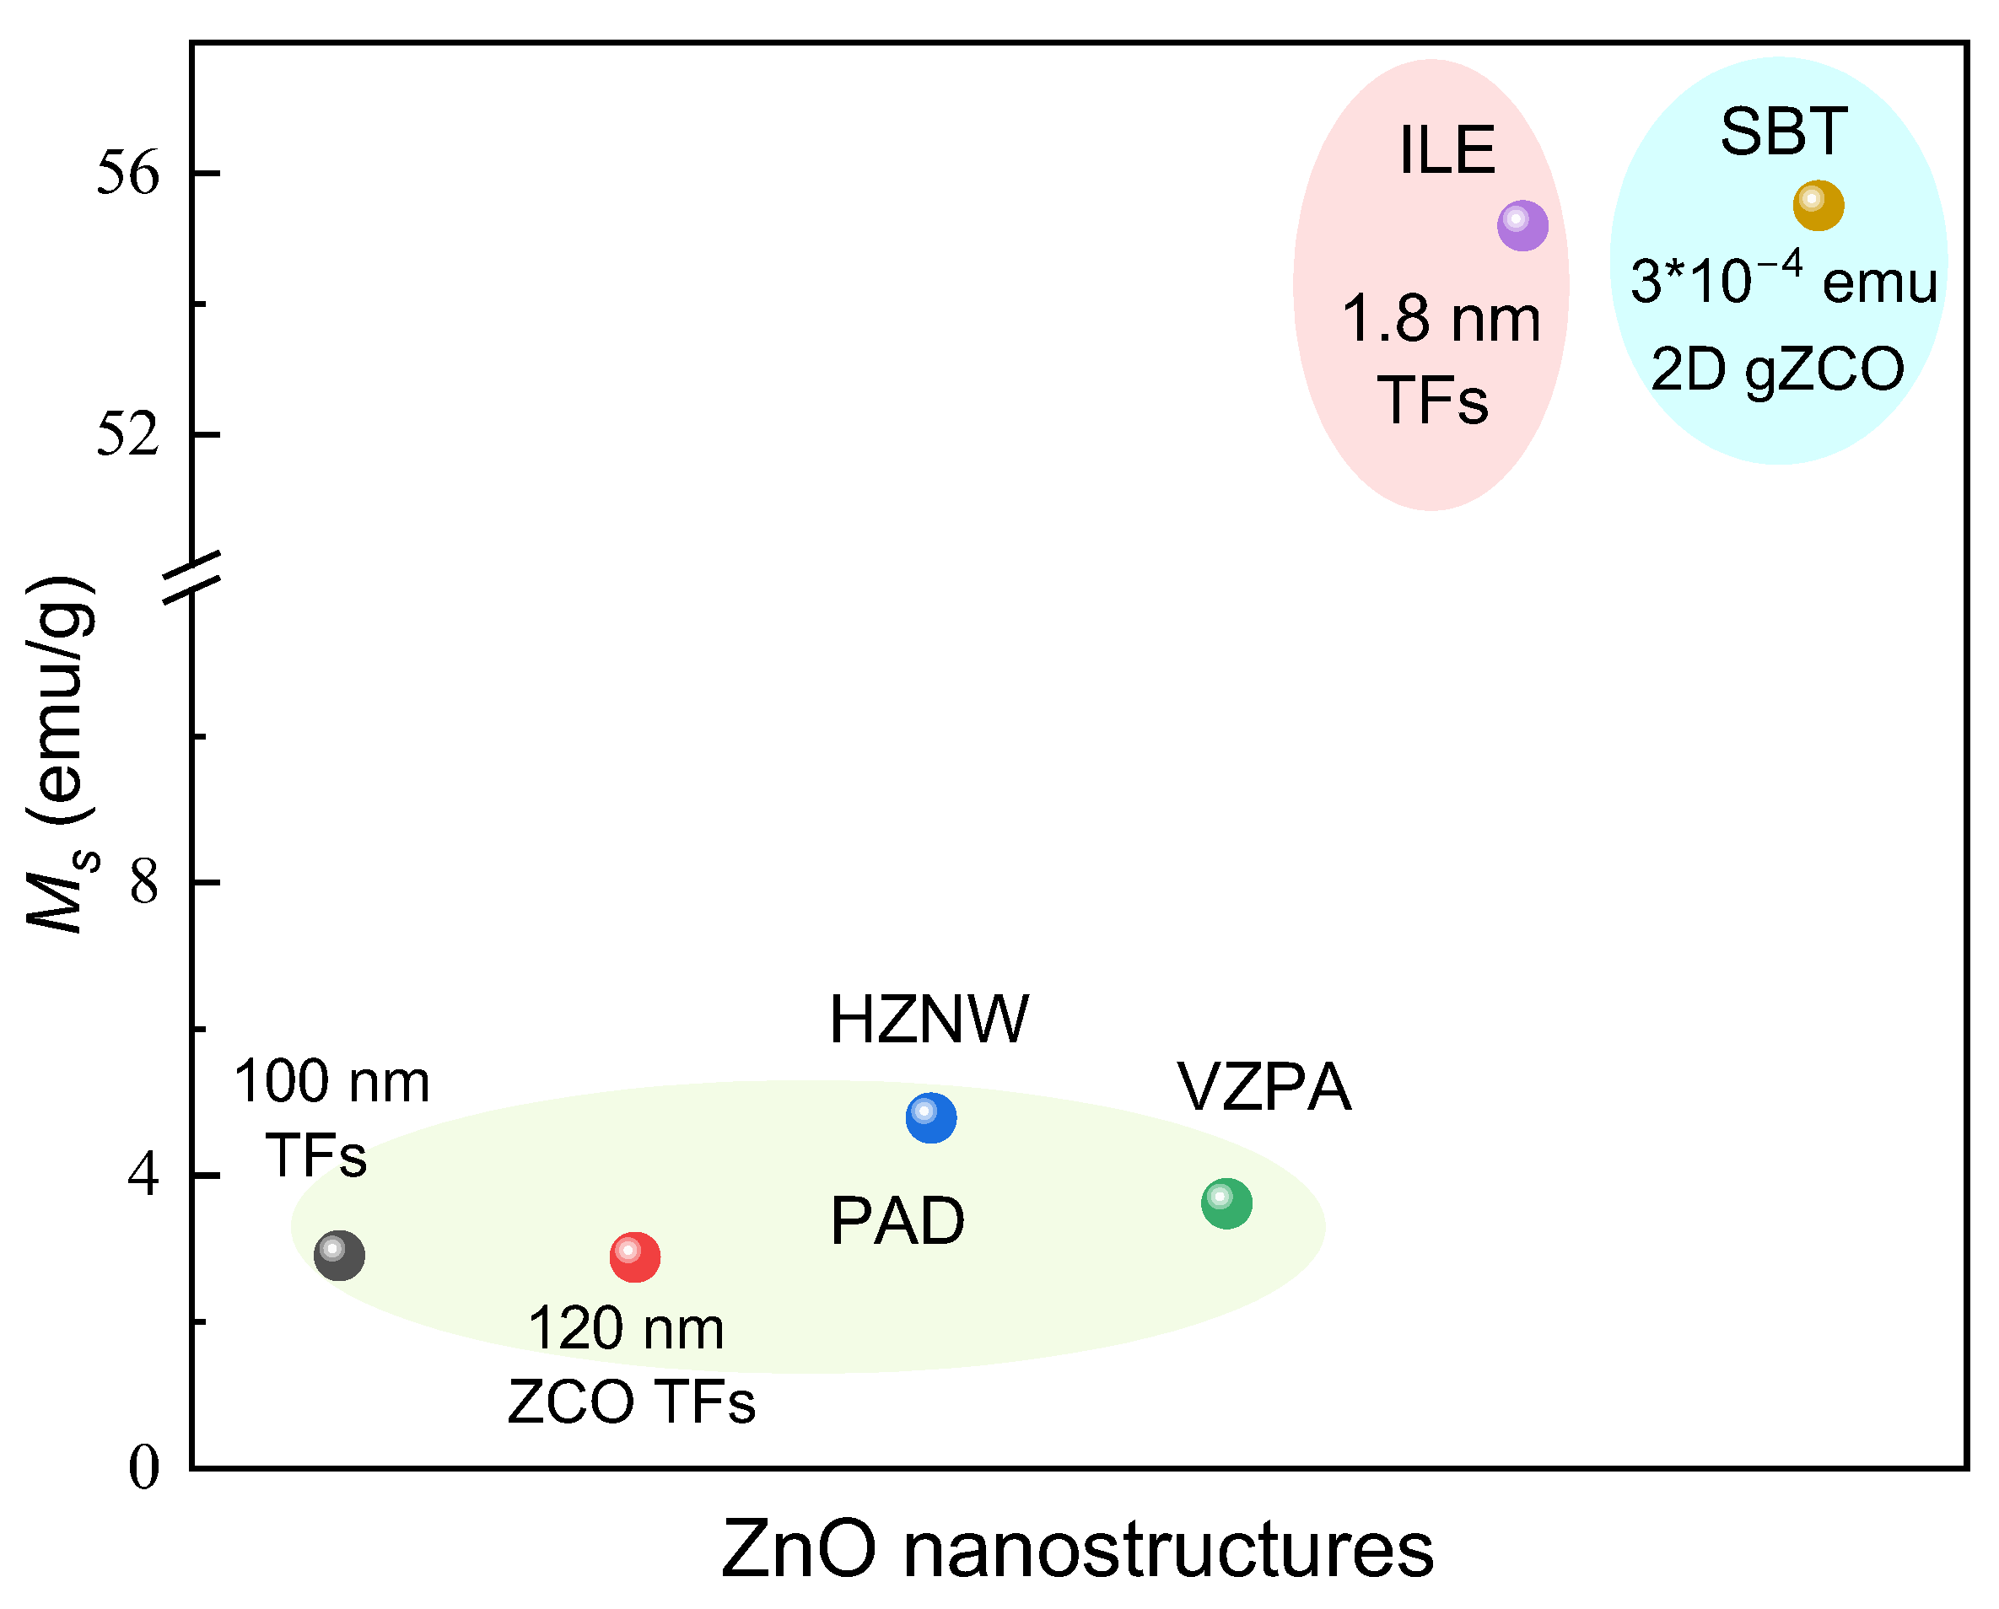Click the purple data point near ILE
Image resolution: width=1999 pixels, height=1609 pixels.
[1522, 225]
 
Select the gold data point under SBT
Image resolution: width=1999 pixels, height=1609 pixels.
[1818, 205]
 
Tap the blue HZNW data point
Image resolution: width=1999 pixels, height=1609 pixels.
[931, 1117]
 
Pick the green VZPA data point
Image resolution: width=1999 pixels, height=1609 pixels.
[1226, 1204]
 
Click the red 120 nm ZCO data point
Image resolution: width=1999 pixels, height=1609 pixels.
[635, 1257]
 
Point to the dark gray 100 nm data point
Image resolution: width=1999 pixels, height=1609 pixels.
[339, 1256]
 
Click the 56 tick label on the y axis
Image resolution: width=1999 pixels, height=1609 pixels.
[128, 174]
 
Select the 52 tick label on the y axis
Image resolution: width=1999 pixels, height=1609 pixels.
[128, 433]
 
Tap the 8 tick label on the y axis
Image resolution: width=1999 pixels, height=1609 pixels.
[143, 881]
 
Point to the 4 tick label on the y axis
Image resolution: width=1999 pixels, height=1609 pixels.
[143, 1176]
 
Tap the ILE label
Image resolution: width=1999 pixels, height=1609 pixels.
[1447, 150]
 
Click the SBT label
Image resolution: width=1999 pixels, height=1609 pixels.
[1784, 132]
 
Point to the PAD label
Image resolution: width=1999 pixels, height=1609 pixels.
[897, 1220]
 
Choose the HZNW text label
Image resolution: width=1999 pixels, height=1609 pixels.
[928, 1020]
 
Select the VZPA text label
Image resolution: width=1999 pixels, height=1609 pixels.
[1264, 1087]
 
